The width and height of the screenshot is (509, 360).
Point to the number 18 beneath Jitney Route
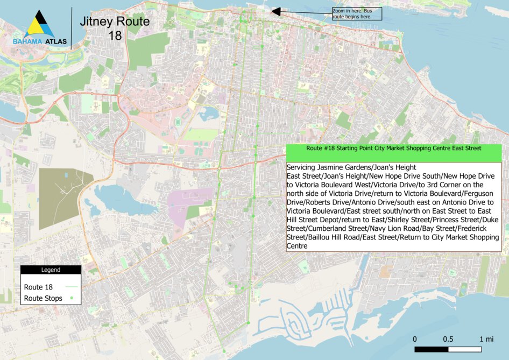coord(115,35)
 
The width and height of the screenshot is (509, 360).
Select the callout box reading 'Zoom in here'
coord(356,13)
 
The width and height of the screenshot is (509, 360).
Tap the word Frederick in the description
coord(479,228)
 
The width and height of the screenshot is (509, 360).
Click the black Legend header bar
coord(51,270)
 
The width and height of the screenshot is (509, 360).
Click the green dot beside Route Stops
coord(71,298)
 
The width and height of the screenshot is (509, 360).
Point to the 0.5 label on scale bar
coord(448,339)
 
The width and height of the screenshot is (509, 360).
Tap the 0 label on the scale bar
coord(415,339)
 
